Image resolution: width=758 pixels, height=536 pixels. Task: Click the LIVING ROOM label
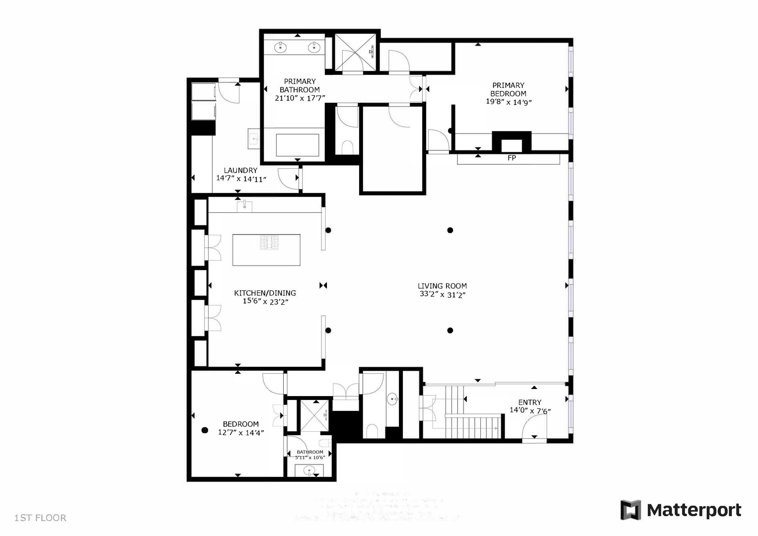coord(442,286)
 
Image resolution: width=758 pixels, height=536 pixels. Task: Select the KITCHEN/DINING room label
coord(265,293)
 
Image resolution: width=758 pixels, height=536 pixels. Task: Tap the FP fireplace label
coord(512,158)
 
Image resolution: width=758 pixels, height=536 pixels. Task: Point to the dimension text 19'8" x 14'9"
coord(509,102)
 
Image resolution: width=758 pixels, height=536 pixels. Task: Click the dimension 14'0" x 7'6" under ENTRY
coord(530,410)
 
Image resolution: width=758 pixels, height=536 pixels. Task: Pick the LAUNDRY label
coord(240,170)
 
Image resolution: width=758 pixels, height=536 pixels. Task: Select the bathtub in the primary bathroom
coord(298,145)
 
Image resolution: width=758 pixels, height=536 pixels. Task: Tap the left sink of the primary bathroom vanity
coord(281,48)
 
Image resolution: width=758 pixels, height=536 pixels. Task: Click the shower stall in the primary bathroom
coord(355,52)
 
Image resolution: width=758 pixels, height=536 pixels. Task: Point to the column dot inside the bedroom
coord(204,430)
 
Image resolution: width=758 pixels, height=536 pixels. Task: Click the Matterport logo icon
coord(630,510)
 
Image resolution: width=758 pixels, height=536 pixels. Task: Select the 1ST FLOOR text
coord(40,518)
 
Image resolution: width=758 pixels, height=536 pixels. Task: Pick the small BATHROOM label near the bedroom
coord(309,452)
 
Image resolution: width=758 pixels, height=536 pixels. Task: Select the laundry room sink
coord(254,139)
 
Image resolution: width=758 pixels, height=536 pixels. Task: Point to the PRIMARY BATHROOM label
coord(300,85)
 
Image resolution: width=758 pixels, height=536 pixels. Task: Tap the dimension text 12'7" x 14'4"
coord(241,432)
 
